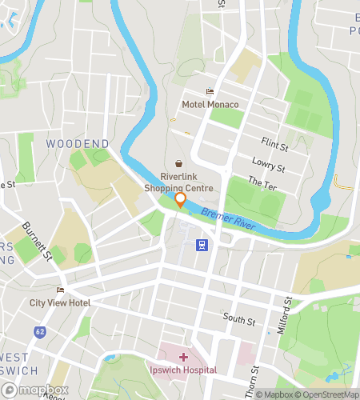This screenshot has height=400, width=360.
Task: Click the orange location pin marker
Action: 181,200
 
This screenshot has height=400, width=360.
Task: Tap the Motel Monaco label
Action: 210,105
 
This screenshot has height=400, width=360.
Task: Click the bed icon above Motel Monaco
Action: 210,92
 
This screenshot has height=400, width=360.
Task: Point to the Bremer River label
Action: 228,219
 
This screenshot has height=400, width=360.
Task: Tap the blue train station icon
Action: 203,246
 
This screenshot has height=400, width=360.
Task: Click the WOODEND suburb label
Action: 78,143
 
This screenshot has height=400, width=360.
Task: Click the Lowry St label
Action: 269,165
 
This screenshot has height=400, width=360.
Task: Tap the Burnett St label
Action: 37,242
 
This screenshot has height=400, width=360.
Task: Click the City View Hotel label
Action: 60,303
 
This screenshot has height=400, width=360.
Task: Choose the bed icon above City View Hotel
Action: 60,290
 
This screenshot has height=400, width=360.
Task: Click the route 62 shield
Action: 39,331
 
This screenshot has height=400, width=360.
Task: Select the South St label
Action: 239,321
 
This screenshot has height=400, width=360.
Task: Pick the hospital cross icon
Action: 184,356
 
